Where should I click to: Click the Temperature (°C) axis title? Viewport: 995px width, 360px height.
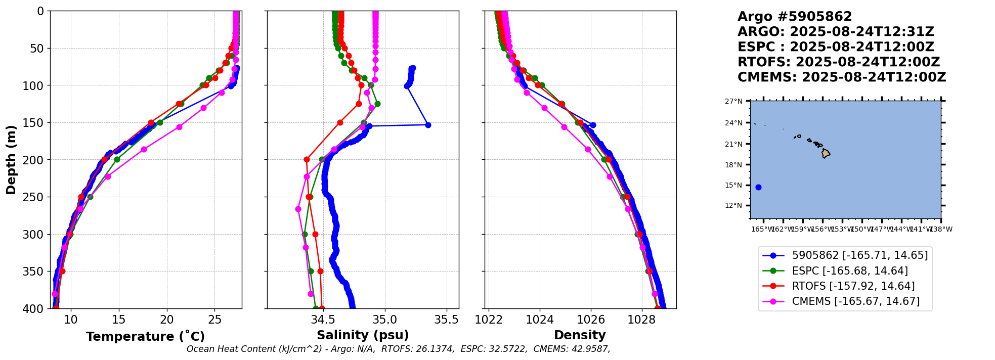(145, 337)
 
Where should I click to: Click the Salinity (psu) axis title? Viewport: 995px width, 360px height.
(363, 335)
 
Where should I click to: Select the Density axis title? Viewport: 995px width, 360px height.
(580, 335)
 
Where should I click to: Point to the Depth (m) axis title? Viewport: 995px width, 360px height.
(11, 160)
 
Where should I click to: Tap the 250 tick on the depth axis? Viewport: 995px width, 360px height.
(37, 197)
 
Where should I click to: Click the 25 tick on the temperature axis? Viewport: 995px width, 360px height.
(215, 320)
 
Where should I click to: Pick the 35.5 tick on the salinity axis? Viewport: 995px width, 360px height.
(447, 320)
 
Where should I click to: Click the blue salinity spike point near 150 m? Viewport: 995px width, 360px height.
(428, 125)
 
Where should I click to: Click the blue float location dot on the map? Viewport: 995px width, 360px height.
(758, 187)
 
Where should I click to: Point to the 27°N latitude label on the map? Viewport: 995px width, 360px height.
(733, 101)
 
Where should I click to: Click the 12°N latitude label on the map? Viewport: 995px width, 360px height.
(733, 205)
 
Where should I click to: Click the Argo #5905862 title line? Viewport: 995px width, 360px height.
(794, 17)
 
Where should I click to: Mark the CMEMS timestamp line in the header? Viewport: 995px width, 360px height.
(841, 77)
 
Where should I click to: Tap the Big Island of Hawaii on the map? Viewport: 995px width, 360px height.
(826, 153)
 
